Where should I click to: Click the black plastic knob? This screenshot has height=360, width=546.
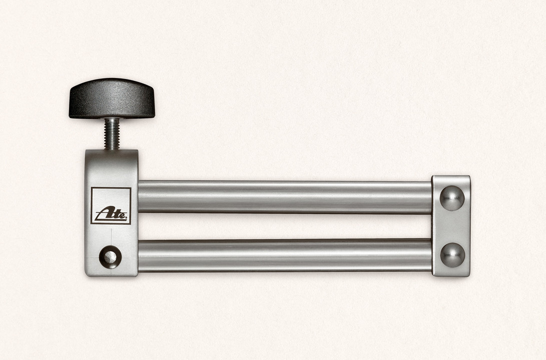tap(112, 98)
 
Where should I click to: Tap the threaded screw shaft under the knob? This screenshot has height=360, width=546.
tap(112, 133)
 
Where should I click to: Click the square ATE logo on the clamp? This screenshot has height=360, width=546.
tap(111, 205)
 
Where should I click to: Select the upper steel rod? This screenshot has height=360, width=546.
tap(285, 197)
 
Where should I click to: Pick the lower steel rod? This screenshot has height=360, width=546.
tap(285, 255)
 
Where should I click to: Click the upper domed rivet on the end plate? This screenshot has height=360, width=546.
tap(452, 198)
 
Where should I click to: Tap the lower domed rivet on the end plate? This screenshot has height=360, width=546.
tap(452, 255)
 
